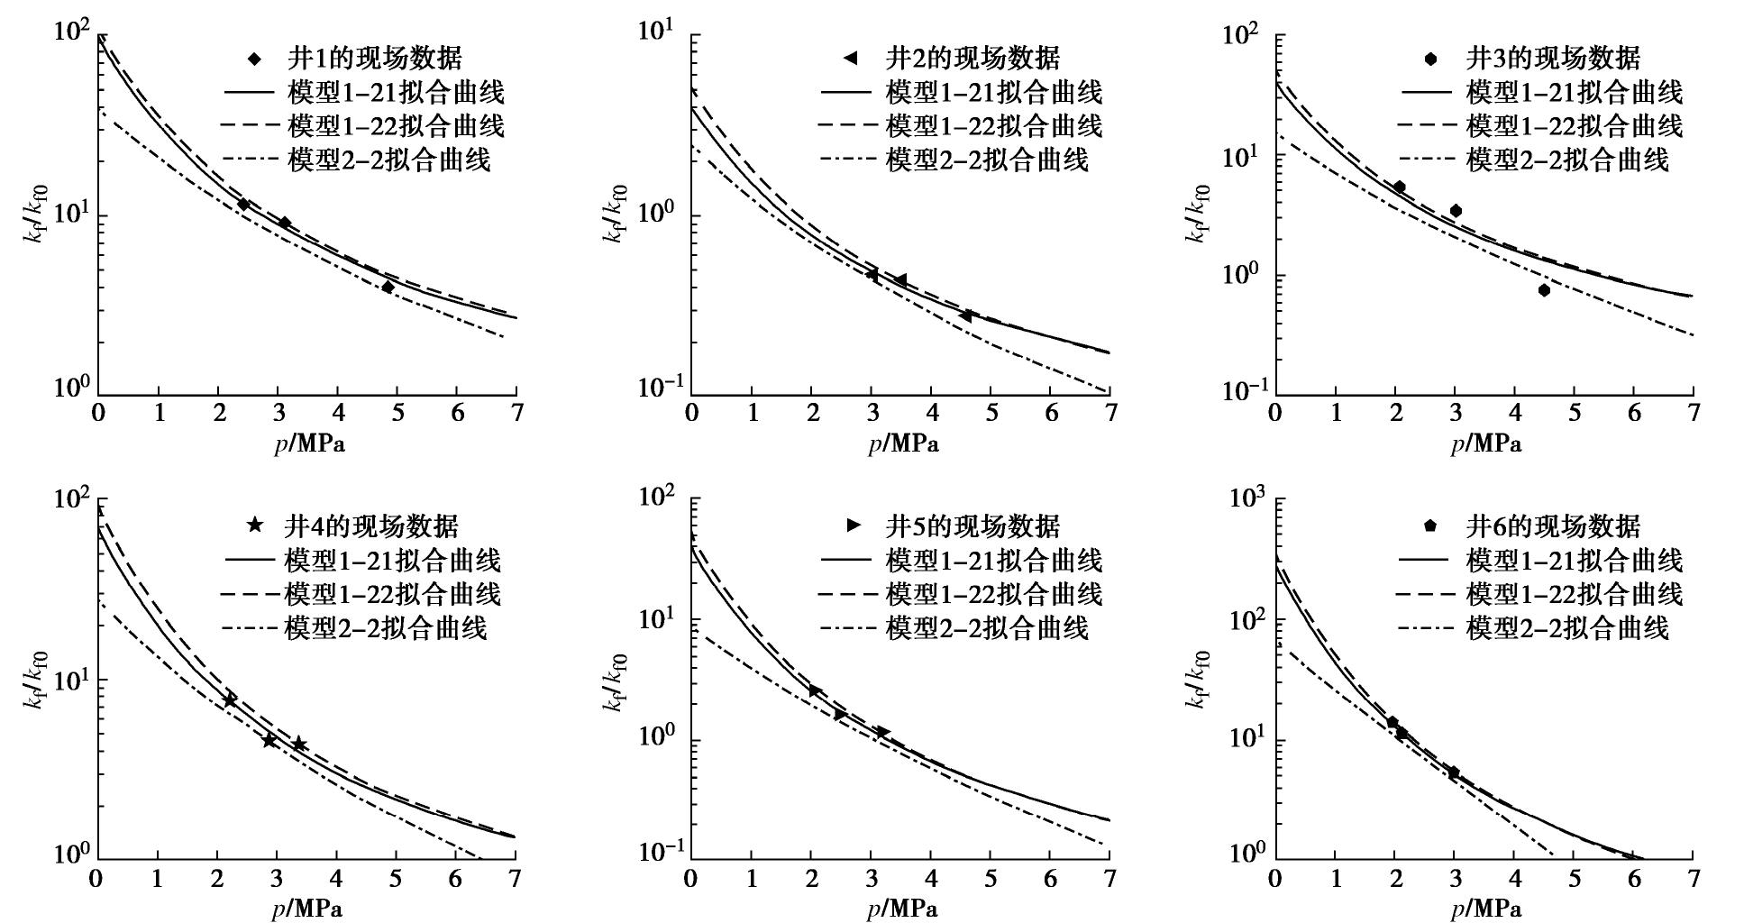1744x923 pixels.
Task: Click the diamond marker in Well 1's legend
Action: (255, 59)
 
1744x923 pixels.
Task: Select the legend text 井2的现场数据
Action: (973, 59)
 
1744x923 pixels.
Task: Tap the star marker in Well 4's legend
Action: (255, 525)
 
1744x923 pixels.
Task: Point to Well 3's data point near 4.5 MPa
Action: (1544, 290)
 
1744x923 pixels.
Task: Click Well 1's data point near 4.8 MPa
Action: (388, 287)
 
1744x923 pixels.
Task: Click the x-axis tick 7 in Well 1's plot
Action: (516, 413)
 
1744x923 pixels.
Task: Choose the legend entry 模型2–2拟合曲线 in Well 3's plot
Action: (1567, 160)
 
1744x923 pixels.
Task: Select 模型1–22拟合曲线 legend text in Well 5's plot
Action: (993, 594)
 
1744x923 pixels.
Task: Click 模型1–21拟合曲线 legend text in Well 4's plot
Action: (392, 561)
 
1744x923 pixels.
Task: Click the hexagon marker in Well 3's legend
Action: (1430, 59)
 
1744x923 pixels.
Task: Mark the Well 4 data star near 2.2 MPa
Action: (230, 699)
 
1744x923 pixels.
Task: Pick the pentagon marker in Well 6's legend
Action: (1429, 525)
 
